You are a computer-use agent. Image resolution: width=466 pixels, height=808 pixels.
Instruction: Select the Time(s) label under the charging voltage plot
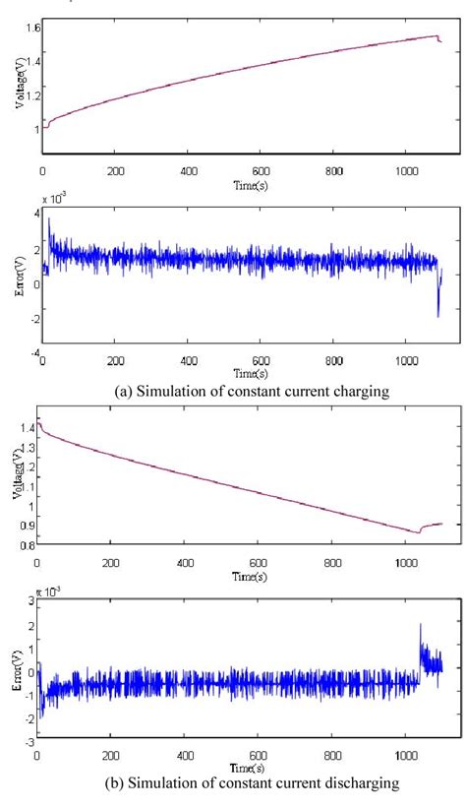click(251, 183)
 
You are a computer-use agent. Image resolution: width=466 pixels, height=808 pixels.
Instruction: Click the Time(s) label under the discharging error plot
click(251, 765)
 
